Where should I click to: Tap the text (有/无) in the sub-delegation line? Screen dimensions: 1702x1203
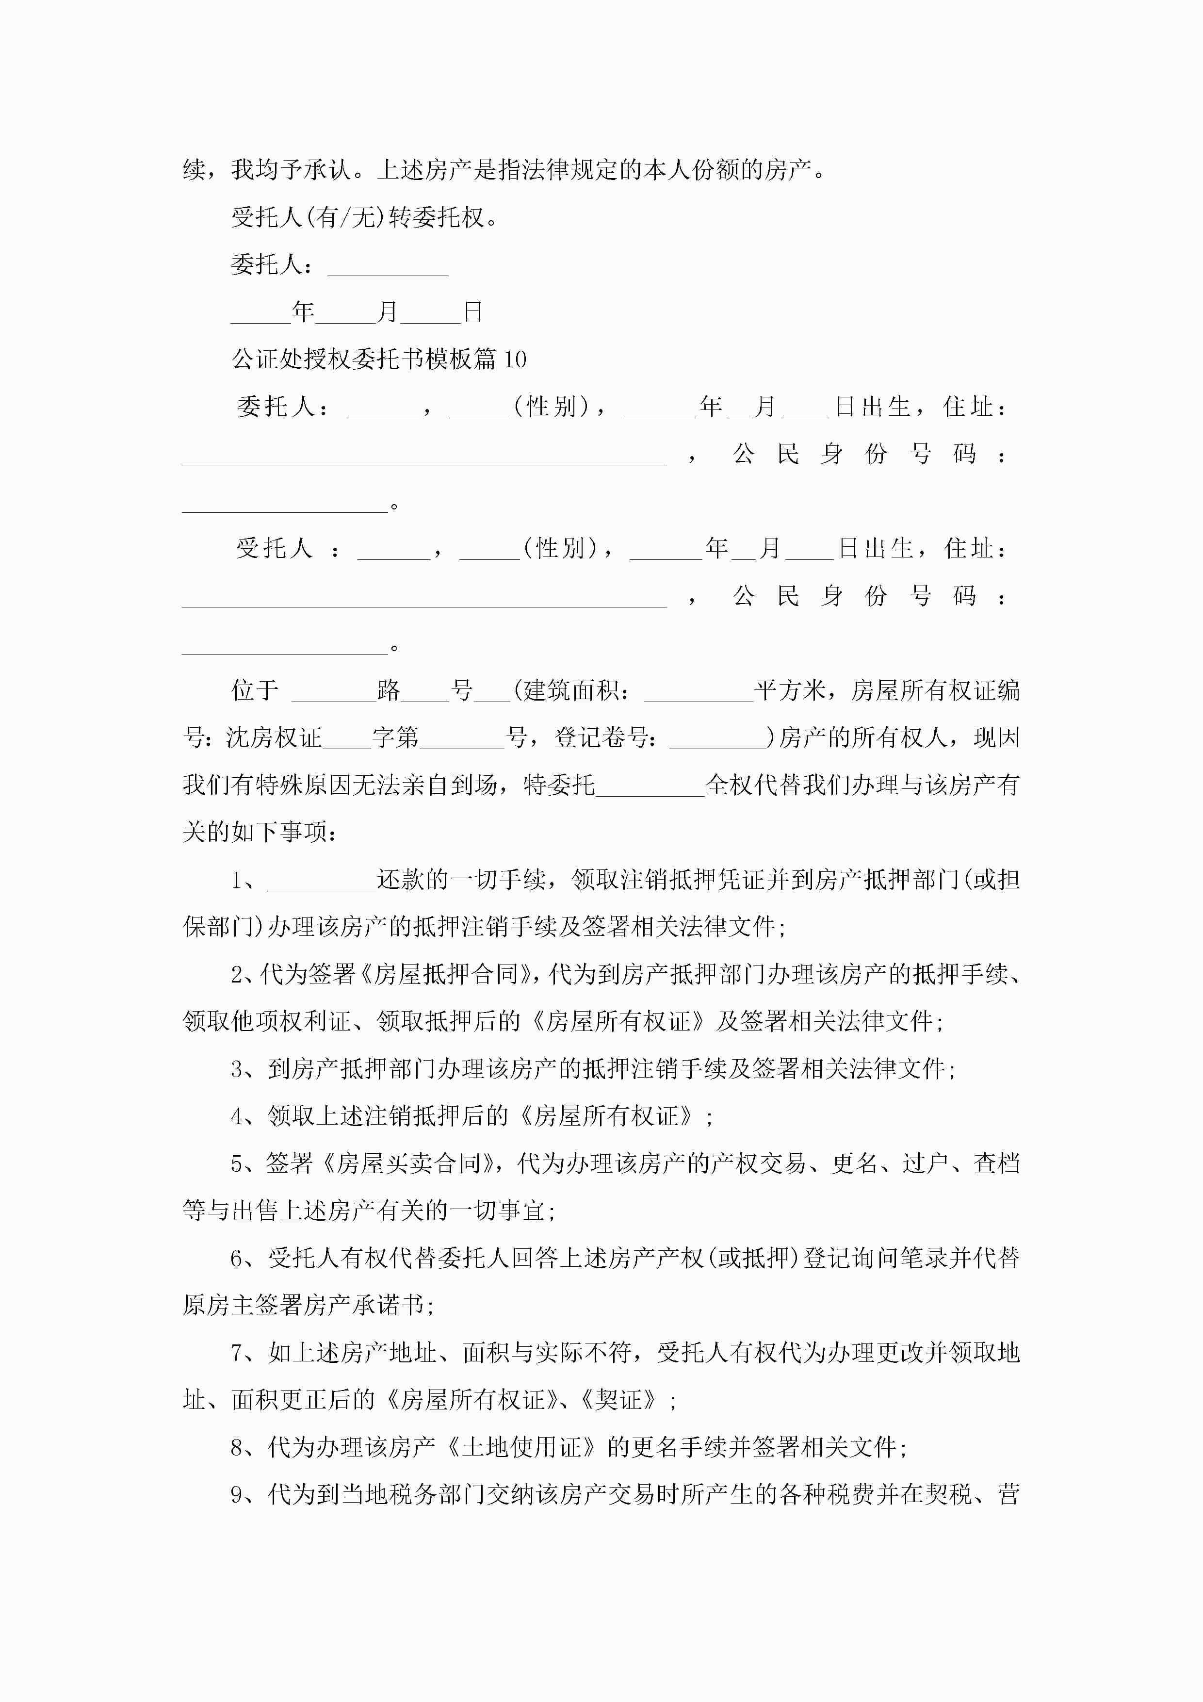click(345, 217)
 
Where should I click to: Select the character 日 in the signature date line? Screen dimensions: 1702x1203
click(473, 312)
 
